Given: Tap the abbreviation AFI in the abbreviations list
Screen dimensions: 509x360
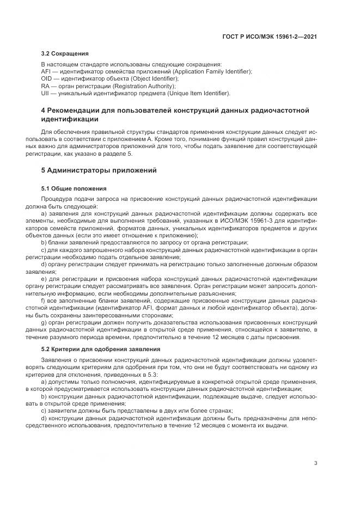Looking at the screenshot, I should click(46, 72).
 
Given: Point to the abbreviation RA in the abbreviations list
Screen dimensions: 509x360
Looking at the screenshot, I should click(45, 86).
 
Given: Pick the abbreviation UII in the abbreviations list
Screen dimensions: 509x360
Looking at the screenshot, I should click(45, 93).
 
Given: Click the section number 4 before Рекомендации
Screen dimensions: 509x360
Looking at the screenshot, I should click(44, 111).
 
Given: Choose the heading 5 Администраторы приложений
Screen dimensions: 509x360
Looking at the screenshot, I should click(99, 170).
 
